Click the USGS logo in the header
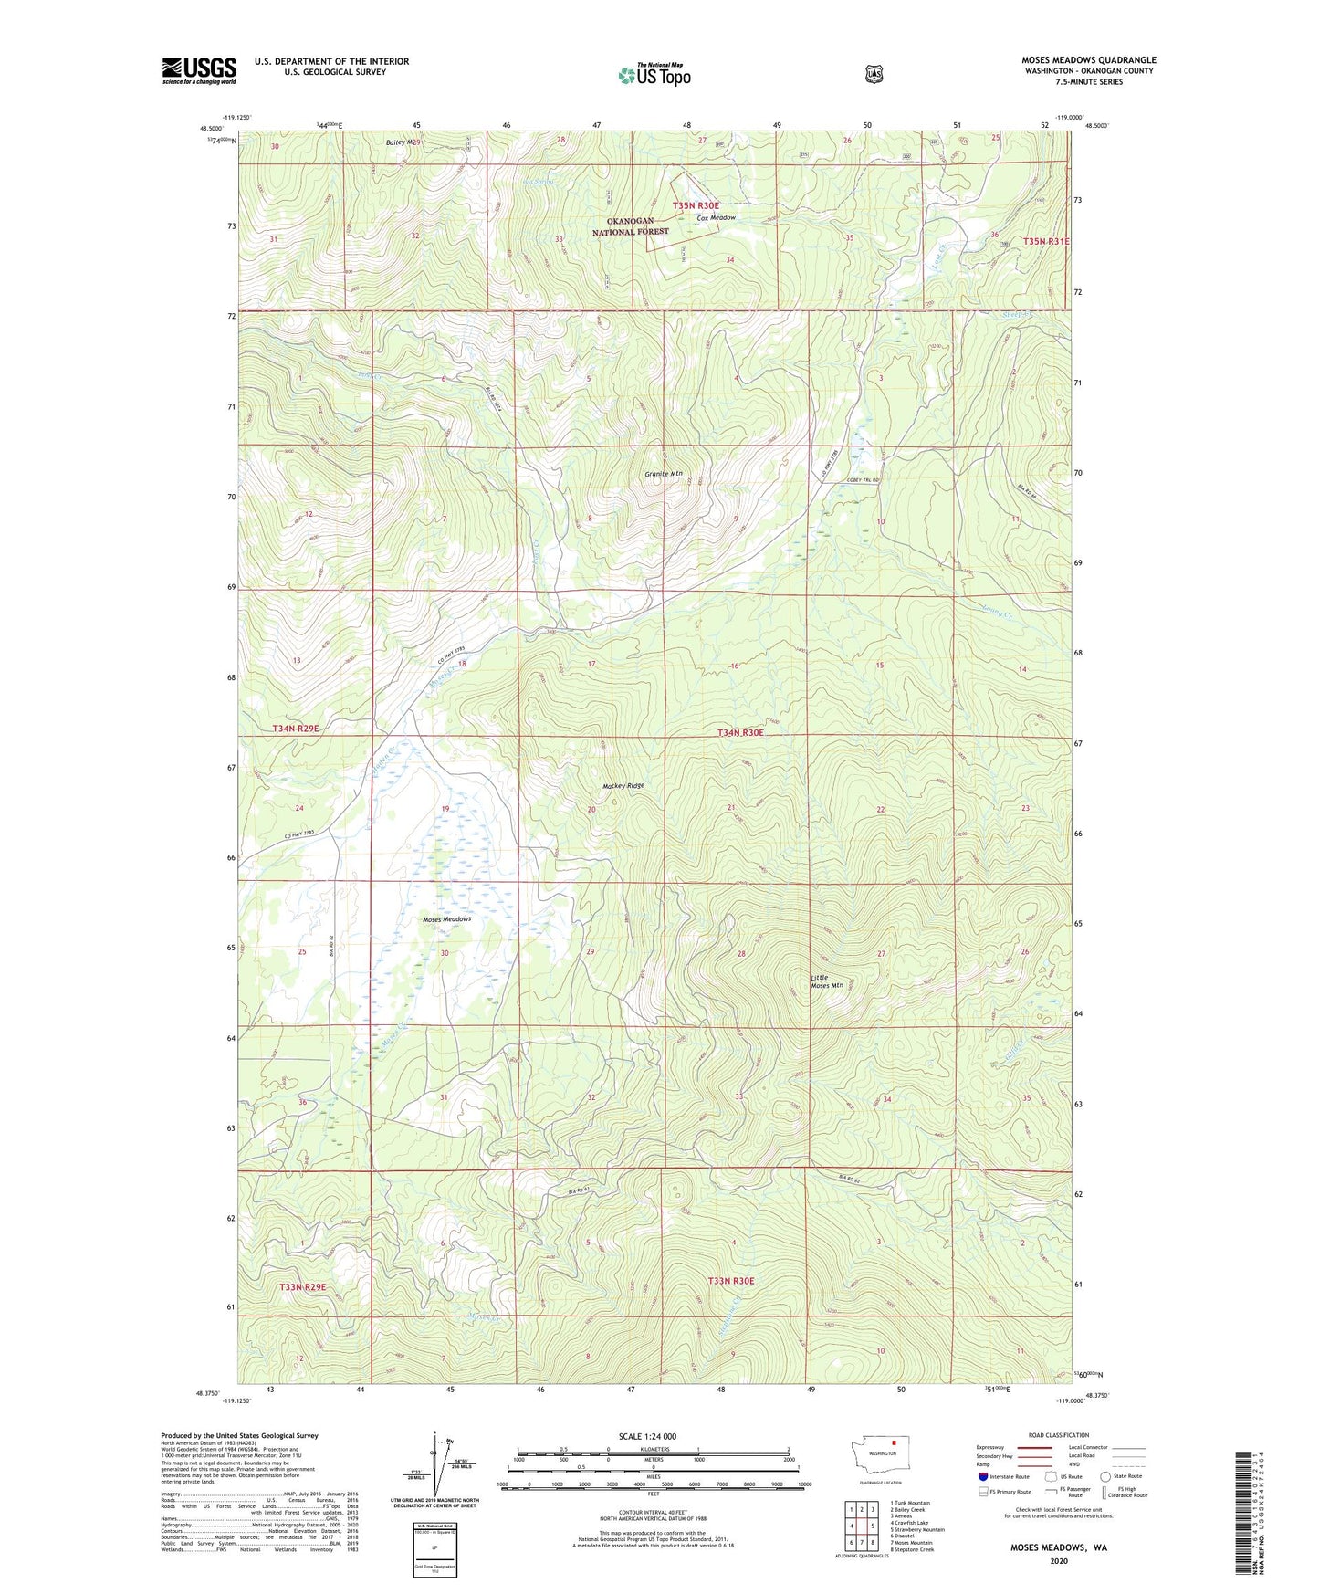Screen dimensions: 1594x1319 [199, 70]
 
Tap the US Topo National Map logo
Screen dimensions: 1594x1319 [653, 74]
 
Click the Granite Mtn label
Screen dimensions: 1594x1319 [663, 474]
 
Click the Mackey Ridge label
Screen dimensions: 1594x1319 [623, 786]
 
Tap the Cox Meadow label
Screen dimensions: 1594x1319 [716, 218]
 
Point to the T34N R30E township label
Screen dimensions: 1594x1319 [739, 732]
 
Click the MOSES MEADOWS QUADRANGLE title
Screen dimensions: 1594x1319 [1088, 60]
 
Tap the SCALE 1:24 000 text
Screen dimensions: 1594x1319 [647, 1437]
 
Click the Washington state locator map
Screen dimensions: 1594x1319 [882, 1477]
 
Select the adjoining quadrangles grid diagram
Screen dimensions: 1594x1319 [862, 1526]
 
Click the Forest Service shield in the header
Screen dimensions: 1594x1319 [874, 74]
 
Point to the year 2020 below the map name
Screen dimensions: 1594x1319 [1058, 1561]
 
